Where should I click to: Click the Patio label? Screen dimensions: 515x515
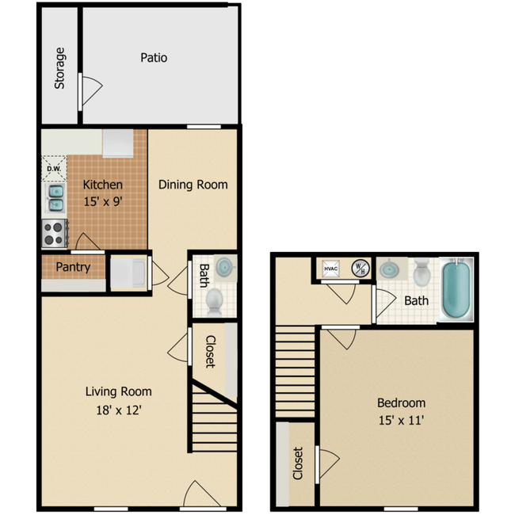pos(154,58)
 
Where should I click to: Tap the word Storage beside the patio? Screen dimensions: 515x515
pos(60,68)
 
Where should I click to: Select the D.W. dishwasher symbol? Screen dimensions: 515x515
pos(54,168)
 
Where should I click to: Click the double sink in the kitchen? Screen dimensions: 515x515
pos(56,198)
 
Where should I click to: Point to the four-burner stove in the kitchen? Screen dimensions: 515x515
pos(54,233)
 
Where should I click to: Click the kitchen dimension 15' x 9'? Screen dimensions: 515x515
pos(102,201)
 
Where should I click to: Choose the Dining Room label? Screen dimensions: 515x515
pos(193,185)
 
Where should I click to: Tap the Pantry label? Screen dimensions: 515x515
pos(73,267)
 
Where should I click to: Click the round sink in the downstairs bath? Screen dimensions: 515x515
pos(225,267)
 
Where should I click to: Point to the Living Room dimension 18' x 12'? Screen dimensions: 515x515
pos(118,410)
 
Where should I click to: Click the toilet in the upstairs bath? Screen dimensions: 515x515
pos(422,274)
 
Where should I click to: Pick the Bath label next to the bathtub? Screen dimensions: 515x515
pos(416,301)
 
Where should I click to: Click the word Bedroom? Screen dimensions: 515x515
pos(401,402)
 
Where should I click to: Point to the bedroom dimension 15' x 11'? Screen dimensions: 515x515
pos(401,421)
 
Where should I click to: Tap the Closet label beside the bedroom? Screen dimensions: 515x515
pos(298,464)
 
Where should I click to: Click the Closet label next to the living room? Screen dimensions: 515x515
pos(210,352)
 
